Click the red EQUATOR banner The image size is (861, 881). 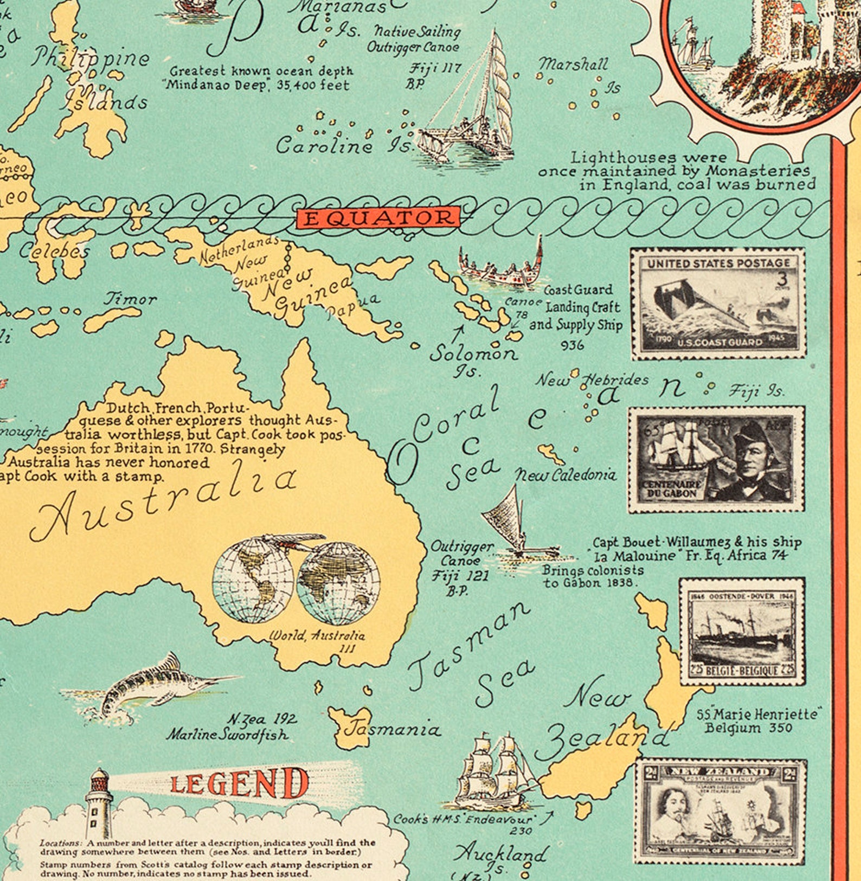click(x=378, y=218)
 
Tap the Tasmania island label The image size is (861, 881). click(x=392, y=729)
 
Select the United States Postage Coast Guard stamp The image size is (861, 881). click(x=718, y=304)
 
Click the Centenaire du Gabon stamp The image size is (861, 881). click(x=716, y=459)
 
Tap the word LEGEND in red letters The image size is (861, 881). click(x=239, y=784)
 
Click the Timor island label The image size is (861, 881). click(x=130, y=299)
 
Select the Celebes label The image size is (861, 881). click(x=54, y=250)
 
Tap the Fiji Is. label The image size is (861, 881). click(x=756, y=390)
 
